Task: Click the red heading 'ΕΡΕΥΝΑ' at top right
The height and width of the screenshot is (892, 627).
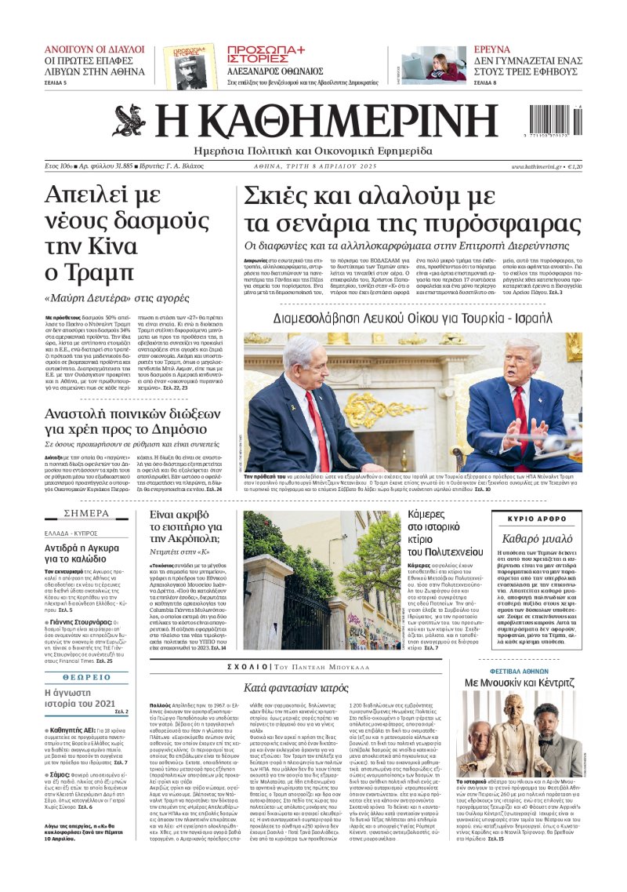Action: (493, 49)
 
